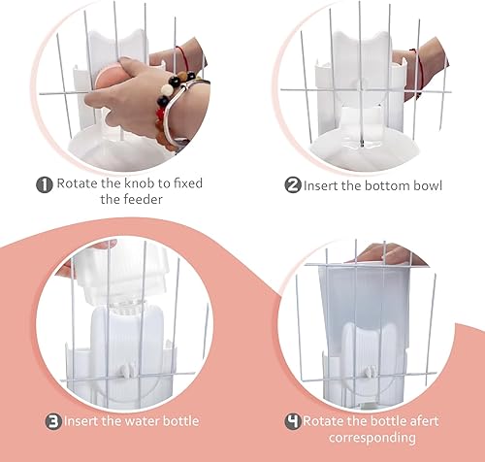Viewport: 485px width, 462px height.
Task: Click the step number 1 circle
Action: coord(45,183)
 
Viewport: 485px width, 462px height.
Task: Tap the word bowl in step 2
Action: coord(420,183)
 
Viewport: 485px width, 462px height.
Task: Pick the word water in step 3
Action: coord(136,421)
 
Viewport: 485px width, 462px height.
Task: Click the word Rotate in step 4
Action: coord(324,422)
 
